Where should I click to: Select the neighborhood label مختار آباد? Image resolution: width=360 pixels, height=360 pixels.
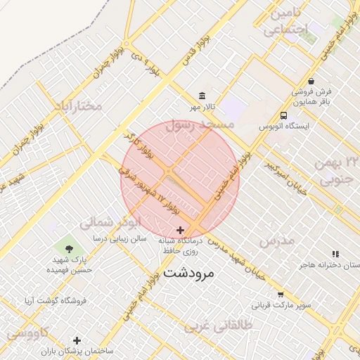(77, 106)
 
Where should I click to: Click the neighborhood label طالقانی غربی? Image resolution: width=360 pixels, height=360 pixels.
(218, 326)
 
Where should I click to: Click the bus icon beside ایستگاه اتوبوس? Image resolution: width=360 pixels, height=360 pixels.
(283, 115)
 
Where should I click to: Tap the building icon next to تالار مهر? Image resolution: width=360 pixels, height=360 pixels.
(202, 96)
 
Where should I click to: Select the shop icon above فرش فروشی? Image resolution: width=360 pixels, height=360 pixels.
(311, 81)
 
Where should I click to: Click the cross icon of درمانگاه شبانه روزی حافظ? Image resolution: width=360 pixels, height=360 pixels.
(181, 230)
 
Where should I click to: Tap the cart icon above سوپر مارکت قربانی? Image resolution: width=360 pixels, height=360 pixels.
(281, 295)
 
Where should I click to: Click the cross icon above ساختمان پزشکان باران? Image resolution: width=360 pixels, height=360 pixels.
(77, 341)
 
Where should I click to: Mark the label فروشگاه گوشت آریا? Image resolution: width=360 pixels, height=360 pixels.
(56, 301)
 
